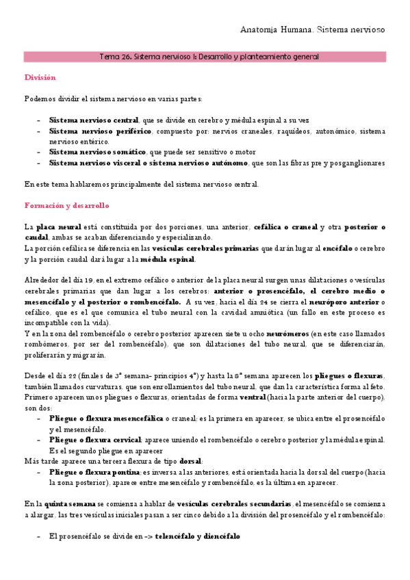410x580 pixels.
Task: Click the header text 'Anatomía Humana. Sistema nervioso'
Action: [313, 30]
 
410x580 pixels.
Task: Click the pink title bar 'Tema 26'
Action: [205, 57]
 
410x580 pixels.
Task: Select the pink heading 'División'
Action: [40, 78]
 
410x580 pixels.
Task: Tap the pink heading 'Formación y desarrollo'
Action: [66, 205]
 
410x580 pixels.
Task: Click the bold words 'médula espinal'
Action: [168, 259]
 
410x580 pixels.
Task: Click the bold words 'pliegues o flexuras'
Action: [349, 376]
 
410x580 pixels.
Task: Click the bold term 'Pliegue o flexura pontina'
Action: [94, 472]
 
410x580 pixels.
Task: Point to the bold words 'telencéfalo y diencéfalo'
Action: [197, 536]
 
